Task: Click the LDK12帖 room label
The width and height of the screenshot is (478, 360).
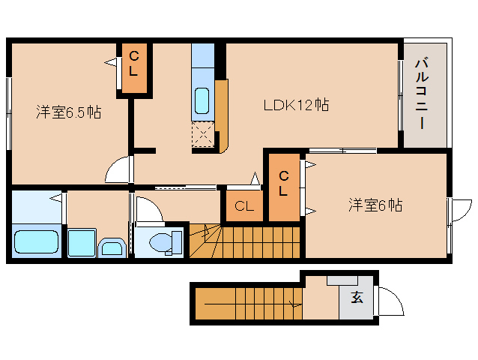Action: click(296, 105)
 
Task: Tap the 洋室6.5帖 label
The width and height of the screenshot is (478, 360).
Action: click(69, 112)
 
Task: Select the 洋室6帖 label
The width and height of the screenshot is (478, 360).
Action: click(375, 205)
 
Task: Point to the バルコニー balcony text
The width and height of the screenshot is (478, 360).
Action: click(422, 94)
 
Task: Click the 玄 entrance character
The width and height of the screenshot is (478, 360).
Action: click(357, 297)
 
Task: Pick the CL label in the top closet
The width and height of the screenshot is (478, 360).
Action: click(134, 64)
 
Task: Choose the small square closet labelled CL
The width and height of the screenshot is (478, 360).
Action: click(244, 205)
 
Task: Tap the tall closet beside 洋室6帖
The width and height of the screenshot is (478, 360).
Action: click(284, 187)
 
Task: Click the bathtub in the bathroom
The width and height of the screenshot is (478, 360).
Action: click(36, 241)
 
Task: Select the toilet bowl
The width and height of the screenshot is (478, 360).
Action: click(161, 242)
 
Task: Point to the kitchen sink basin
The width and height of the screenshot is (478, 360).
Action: click(202, 100)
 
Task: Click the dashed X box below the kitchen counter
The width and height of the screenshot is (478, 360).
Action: click(203, 134)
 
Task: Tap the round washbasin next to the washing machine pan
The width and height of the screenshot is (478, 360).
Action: click(112, 247)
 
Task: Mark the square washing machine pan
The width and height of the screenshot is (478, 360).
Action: click(82, 243)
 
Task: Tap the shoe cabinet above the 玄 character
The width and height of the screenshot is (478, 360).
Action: click(342, 280)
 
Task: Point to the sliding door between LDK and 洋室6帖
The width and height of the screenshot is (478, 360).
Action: click(342, 151)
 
